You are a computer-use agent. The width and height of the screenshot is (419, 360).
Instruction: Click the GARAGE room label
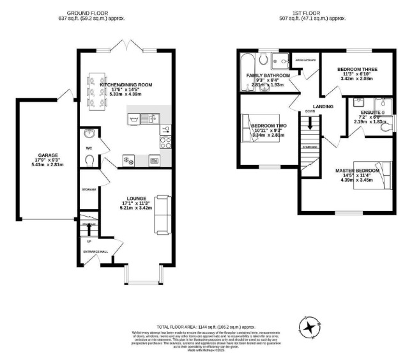(47, 155)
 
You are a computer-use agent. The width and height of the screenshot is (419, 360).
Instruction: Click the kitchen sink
(136, 118)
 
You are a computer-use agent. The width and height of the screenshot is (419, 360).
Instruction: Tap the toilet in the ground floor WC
(90, 160)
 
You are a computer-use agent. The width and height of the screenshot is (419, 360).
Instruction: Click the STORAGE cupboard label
(89, 190)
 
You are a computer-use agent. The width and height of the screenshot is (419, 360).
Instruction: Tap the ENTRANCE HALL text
(94, 251)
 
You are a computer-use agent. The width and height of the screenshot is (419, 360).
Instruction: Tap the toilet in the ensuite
(384, 127)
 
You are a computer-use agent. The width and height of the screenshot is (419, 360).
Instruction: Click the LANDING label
(323, 106)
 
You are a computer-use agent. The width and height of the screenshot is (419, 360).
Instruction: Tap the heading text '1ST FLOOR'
(318, 12)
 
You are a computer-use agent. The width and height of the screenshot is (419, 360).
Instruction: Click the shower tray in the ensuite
(382, 106)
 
